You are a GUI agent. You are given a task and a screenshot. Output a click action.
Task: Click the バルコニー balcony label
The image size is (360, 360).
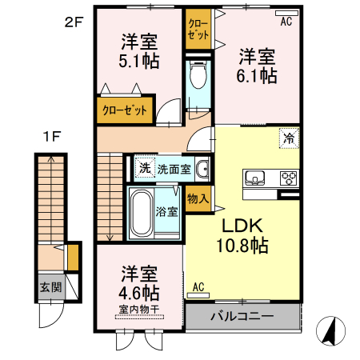coord(242,316)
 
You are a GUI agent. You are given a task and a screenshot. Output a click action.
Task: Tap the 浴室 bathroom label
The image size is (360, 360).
coord(166,212)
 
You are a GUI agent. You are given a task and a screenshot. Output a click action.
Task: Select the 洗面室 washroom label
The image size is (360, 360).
coord(173,169)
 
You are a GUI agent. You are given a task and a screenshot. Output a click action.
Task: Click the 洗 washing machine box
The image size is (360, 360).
coord(144,168)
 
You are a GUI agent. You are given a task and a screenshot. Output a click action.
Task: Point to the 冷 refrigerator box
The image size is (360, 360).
coord(288,138)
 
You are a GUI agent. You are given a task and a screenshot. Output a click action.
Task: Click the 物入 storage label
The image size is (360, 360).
coord(197,198)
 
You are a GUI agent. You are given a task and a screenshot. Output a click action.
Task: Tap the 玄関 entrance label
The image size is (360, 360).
coord(50,287)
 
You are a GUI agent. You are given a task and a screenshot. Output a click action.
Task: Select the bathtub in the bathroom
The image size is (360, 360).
coord(141,215)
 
